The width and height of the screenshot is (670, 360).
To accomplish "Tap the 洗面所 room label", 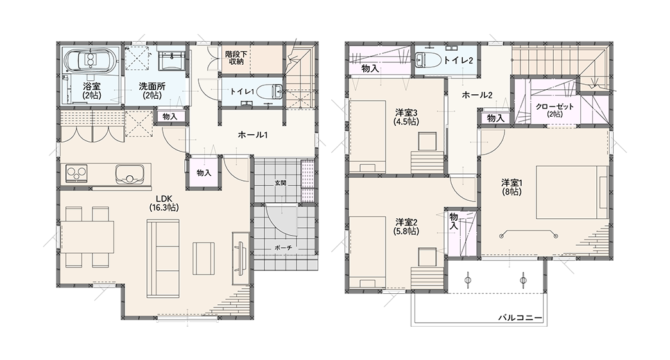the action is click(151, 90).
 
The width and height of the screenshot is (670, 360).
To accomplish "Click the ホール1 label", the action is click(252, 135).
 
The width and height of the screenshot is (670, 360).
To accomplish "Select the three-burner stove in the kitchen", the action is click(77, 174).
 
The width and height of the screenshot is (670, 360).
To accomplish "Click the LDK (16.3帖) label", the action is click(164, 203).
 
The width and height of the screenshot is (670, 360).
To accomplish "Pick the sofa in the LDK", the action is click(164, 259).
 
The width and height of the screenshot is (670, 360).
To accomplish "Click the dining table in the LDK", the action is click(87, 237).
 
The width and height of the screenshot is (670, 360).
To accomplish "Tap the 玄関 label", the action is click(280, 183).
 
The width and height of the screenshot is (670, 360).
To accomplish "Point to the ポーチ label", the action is click(283, 248).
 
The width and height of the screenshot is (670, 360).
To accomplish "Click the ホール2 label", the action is click(477, 95).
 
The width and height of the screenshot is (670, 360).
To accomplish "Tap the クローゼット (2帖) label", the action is click(554, 110).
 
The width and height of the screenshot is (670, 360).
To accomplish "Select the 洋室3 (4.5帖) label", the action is click(406, 117).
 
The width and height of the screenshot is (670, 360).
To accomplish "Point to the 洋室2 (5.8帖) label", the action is click(406, 227).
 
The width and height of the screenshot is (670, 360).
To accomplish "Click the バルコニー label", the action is click(520, 318).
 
